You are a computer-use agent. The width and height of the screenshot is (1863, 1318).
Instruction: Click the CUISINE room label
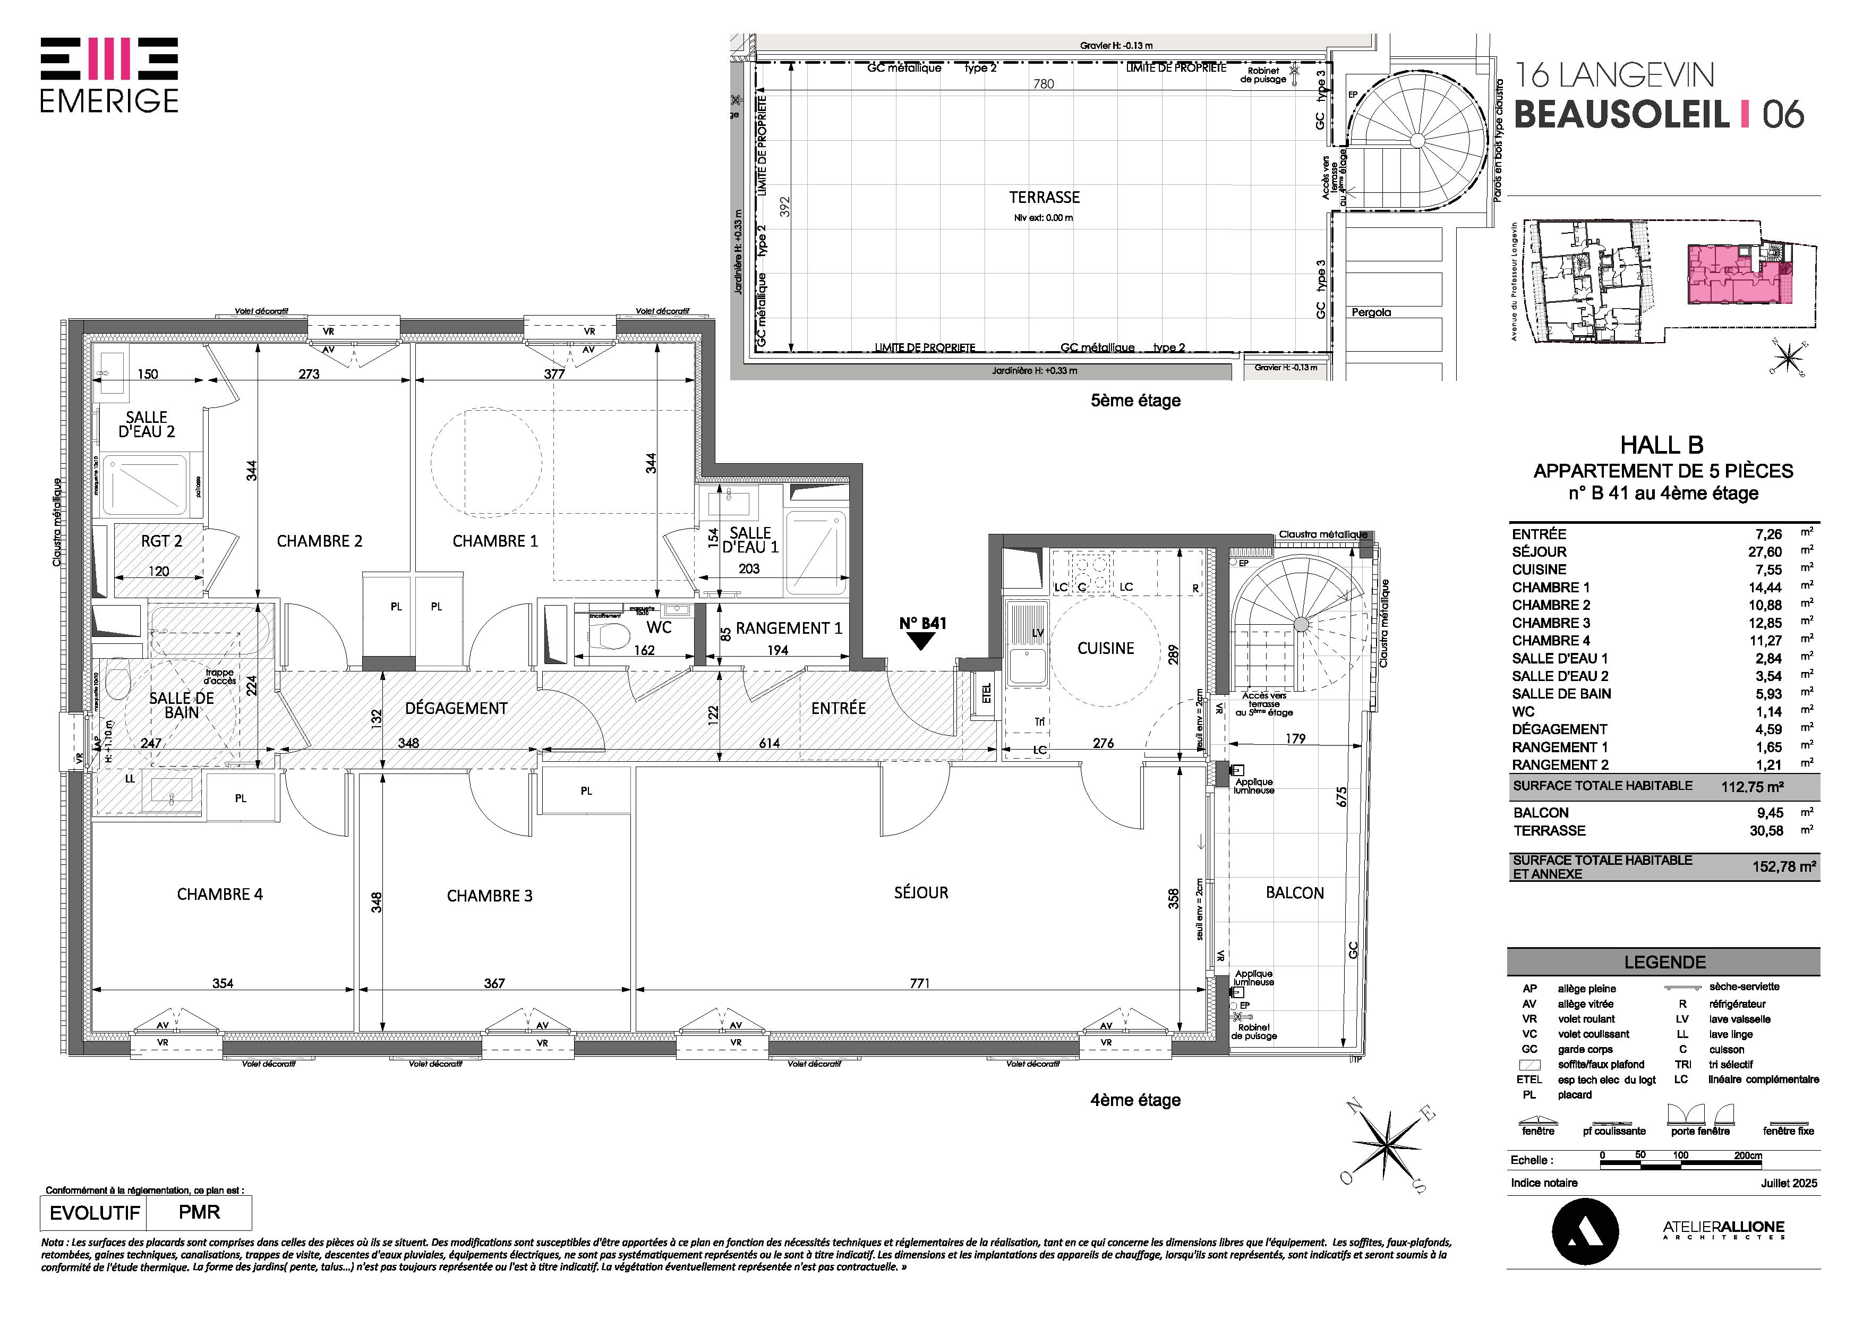pos(1105,649)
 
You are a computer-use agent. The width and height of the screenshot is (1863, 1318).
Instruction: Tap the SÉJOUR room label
pos(921,892)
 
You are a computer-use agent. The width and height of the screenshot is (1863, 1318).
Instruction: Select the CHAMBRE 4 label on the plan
pos(220,895)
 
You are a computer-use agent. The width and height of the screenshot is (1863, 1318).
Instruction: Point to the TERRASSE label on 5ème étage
pos(1044,197)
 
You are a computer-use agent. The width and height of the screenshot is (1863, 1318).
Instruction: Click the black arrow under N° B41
pos(922,641)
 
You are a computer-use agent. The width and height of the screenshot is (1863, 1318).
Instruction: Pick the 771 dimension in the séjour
pos(919,983)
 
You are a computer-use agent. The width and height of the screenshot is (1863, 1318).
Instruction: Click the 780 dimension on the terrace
pos(1044,83)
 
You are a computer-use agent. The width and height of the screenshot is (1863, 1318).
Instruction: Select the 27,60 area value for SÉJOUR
pos(1765,552)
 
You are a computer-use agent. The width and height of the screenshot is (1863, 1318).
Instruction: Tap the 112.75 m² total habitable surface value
pos(1752,786)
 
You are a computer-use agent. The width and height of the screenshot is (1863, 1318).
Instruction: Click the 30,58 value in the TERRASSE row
pos(1765,830)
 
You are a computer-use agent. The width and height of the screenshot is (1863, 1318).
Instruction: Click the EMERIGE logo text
pos(109,100)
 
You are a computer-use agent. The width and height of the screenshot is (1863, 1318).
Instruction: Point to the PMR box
pos(200,1212)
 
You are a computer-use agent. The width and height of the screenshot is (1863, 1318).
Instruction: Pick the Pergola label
pos(1371,312)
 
